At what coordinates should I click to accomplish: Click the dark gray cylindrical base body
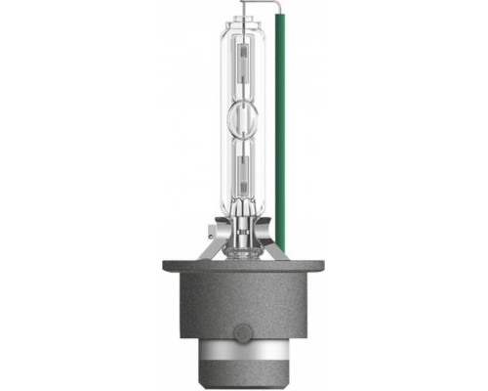[239, 308]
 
